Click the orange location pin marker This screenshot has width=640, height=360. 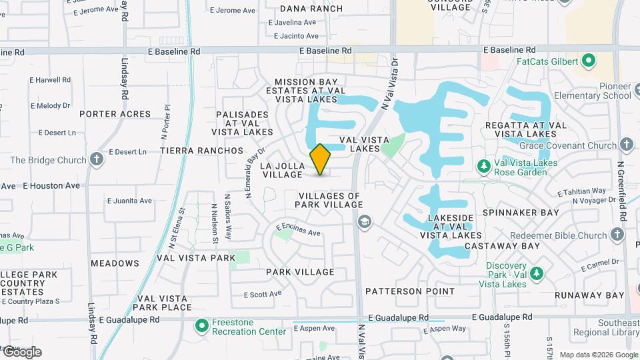pos(321,159)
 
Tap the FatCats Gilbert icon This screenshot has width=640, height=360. pos(588,62)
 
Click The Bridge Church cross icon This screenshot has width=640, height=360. pos(97,159)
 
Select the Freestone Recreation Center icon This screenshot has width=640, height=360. pos(201,327)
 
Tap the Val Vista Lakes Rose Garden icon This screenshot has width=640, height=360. pos(485,165)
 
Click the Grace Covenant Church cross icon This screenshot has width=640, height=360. pos(626,145)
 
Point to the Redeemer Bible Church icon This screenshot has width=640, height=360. pos(617,235)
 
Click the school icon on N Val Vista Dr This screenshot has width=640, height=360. pos(364,221)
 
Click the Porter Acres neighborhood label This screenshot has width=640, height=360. pos(115,114)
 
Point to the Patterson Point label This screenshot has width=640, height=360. pos(410,291)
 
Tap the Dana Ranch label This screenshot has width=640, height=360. pos(311,9)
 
